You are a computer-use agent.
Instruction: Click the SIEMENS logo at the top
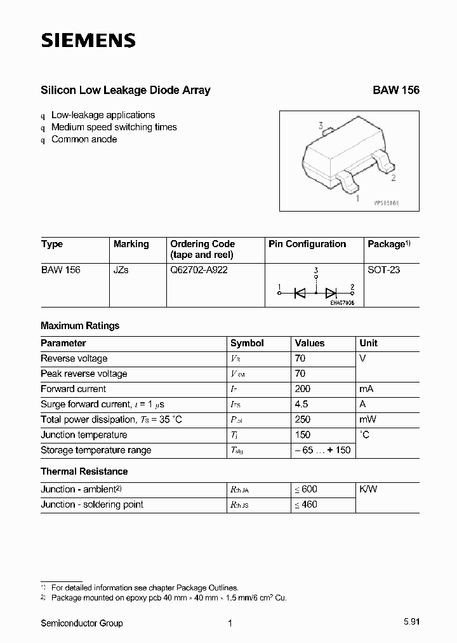(88, 41)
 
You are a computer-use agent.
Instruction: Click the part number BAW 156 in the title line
(395, 90)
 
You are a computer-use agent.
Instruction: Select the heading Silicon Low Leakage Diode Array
(125, 90)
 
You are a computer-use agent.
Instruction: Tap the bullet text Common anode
(84, 139)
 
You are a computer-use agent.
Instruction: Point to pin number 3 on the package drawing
(321, 126)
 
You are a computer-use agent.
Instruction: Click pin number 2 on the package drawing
(394, 178)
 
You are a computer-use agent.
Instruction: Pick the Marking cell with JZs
(121, 270)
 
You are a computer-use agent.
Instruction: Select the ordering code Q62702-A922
(199, 270)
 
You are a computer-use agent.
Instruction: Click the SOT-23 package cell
(384, 270)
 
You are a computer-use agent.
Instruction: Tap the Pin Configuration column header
(307, 244)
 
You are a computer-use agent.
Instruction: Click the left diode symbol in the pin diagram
(300, 292)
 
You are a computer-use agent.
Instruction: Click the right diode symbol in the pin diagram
(331, 292)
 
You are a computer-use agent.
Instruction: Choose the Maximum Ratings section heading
(80, 325)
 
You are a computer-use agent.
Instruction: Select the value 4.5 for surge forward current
(303, 404)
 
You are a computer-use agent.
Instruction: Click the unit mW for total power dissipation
(368, 419)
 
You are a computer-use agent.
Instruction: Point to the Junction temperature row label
(84, 435)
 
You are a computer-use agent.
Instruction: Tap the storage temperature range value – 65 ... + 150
(322, 450)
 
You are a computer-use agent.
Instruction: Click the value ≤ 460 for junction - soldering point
(306, 504)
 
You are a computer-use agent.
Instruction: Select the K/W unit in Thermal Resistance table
(368, 489)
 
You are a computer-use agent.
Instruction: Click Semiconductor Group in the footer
(82, 623)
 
